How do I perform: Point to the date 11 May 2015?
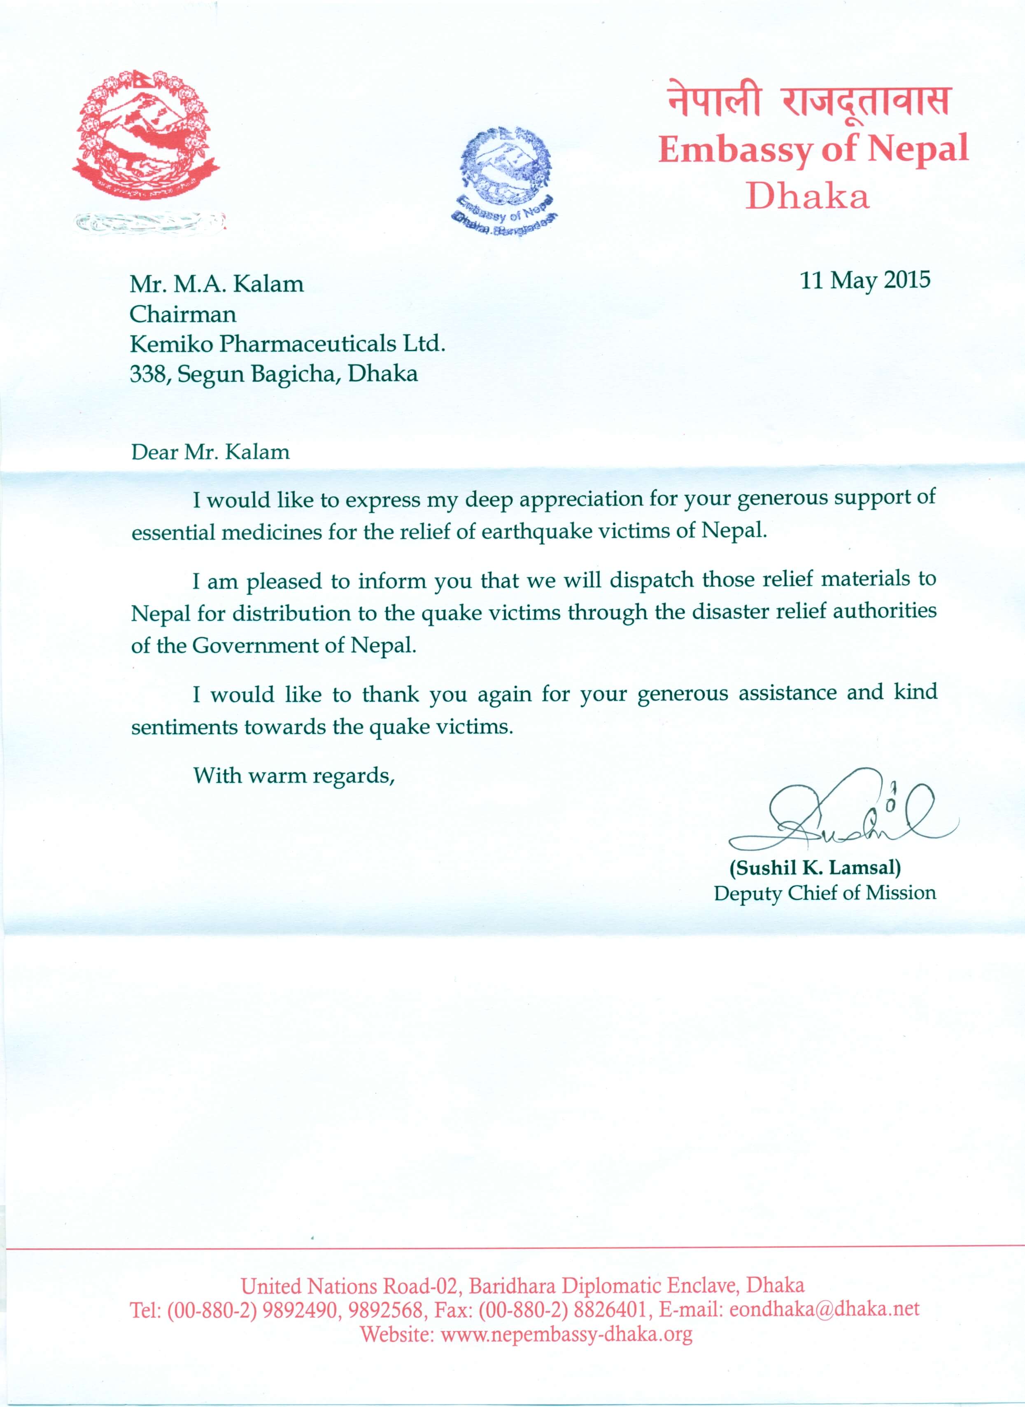coord(865,280)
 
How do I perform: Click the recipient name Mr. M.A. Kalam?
coord(217,284)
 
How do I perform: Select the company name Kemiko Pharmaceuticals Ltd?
coord(287,344)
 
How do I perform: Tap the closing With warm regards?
coord(294,776)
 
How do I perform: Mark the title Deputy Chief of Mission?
coord(825,893)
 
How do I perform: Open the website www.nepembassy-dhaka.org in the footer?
coord(566,1333)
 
